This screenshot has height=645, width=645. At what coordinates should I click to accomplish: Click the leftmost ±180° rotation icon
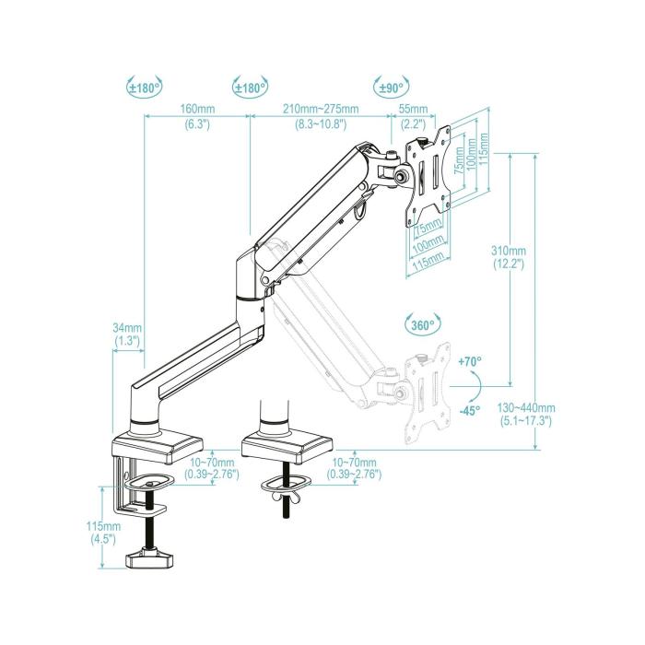[x=144, y=88]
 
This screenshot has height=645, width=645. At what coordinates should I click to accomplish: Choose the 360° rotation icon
[x=423, y=324]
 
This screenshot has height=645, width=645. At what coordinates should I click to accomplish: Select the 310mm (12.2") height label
[x=508, y=257]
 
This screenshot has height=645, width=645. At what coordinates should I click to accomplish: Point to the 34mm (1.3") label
[x=126, y=334]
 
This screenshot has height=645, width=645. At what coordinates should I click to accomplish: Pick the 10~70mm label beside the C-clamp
[x=211, y=467]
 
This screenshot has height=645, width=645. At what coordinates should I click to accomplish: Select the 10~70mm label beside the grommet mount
[x=353, y=467]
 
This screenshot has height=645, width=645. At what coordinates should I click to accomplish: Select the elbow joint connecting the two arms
[x=249, y=276]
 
